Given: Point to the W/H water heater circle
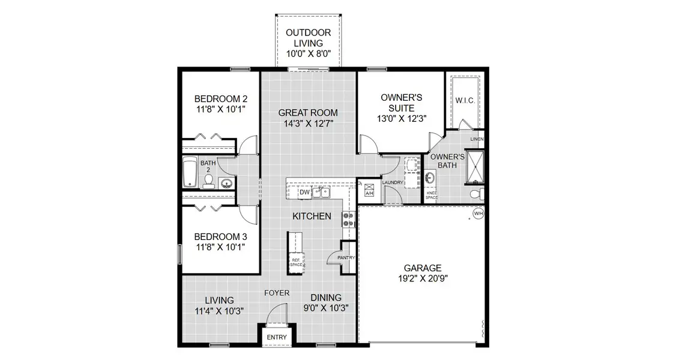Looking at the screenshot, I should [478, 214].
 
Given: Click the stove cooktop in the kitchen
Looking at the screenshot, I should [348, 219].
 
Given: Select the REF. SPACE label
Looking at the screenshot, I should [295, 262].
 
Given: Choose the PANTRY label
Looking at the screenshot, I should [346, 258].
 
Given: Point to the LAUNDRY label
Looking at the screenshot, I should [393, 183].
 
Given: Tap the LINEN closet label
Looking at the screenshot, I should [477, 139].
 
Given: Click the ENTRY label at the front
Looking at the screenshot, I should [277, 337].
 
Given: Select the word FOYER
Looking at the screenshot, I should [277, 293].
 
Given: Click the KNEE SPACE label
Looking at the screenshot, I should [432, 196].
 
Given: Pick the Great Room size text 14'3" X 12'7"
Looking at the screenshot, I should [309, 124].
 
